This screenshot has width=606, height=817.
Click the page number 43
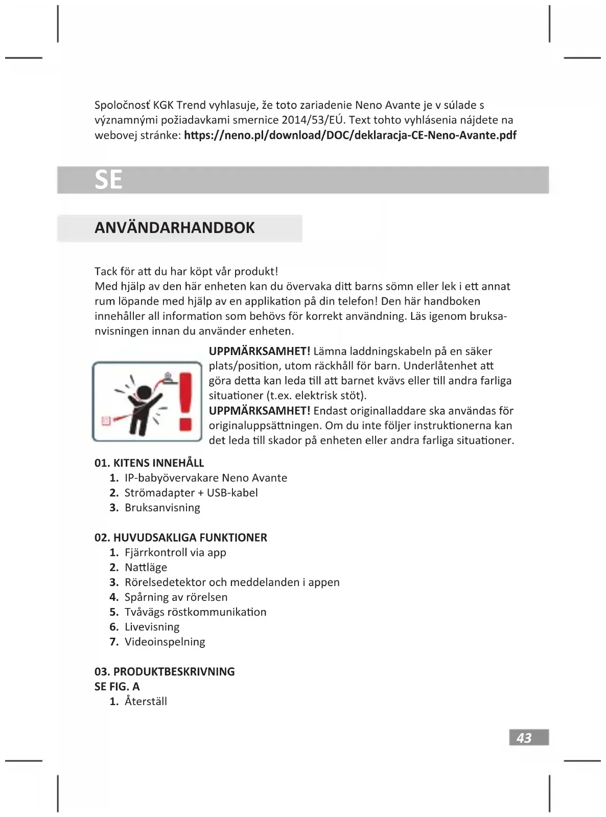pyautogui.click(x=525, y=737)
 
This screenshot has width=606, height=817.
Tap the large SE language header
pyautogui.click(x=108, y=180)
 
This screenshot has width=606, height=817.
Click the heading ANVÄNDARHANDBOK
pyautogui.click(x=174, y=228)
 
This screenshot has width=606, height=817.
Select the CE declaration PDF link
pyautogui.click(x=350, y=135)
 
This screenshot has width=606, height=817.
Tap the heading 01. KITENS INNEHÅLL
pyautogui.click(x=149, y=463)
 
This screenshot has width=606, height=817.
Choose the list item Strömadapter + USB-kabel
pyautogui.click(x=191, y=493)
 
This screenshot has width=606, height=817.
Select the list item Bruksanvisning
pyautogui.click(x=162, y=507)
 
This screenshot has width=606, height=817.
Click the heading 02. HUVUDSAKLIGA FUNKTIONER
pyautogui.click(x=180, y=538)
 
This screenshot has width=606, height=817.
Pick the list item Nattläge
pyautogui.click(x=146, y=567)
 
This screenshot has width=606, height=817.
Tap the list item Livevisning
pyautogui.click(x=152, y=626)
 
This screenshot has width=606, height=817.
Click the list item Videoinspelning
pyautogui.click(x=165, y=642)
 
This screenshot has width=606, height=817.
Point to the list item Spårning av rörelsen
pyautogui.click(x=176, y=597)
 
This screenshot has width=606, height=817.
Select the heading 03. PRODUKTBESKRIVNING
pyautogui.click(x=165, y=671)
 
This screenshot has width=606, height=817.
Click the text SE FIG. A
pyautogui.click(x=117, y=686)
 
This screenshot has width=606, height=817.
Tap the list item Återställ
pyautogui.click(x=146, y=702)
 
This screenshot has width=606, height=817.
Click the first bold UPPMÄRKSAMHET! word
pyautogui.click(x=260, y=352)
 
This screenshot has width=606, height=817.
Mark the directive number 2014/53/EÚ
pyautogui.click(x=313, y=121)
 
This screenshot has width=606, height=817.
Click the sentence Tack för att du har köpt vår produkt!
pyautogui.click(x=186, y=271)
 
